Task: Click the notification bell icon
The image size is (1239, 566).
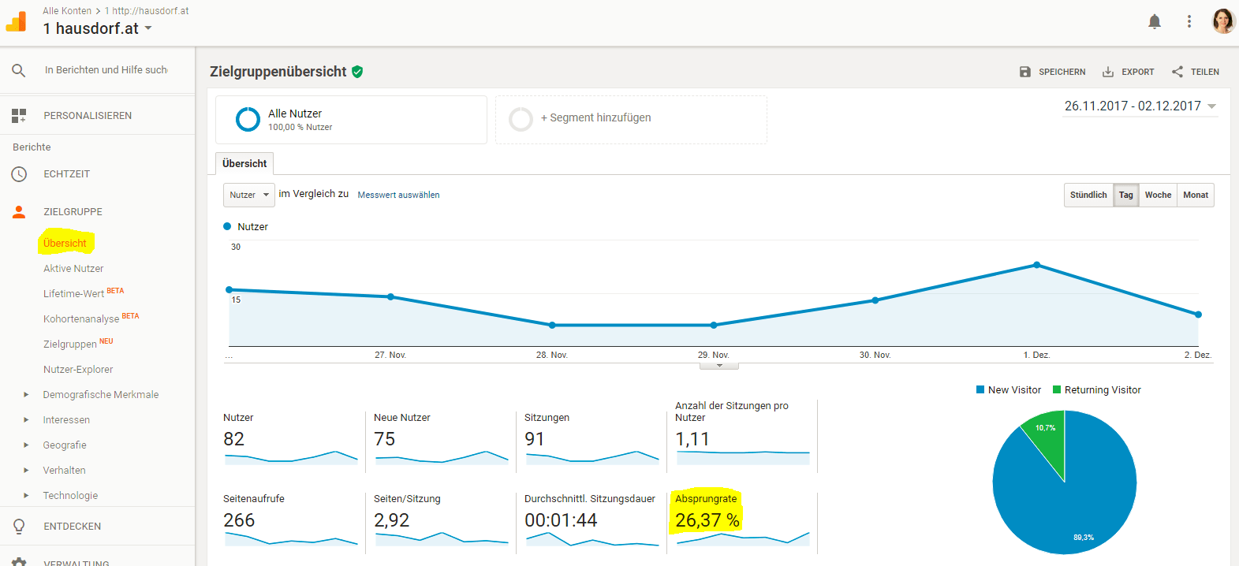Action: [1155, 22]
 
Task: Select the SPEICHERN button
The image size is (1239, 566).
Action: [1053, 72]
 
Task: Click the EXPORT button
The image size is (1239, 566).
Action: [1129, 72]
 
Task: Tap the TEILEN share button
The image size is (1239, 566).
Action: [1196, 72]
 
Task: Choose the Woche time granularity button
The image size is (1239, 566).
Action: [1158, 195]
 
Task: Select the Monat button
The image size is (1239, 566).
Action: [1195, 195]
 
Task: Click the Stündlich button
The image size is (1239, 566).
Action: [1088, 195]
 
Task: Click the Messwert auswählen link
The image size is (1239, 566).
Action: [398, 195]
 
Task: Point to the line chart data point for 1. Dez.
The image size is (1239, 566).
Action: [1036, 265]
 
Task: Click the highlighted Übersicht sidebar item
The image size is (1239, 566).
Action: [65, 244]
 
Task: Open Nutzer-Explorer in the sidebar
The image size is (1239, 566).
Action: [78, 370]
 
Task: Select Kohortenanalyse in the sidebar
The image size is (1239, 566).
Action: [81, 319]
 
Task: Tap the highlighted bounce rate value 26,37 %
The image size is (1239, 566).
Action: [707, 520]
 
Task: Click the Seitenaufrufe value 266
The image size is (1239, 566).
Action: [239, 520]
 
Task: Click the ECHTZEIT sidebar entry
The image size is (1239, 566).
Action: [67, 174]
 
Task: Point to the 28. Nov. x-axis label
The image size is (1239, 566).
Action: [552, 356]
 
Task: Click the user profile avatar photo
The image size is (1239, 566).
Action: [1223, 21]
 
